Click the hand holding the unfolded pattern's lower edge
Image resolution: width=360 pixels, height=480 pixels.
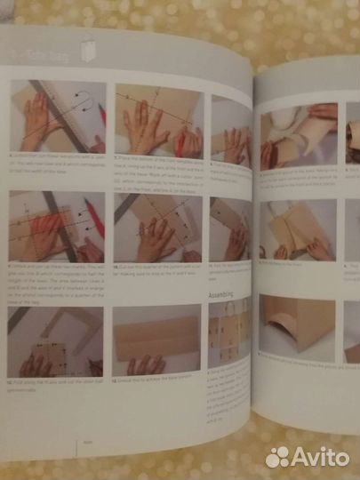tap(148, 364)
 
